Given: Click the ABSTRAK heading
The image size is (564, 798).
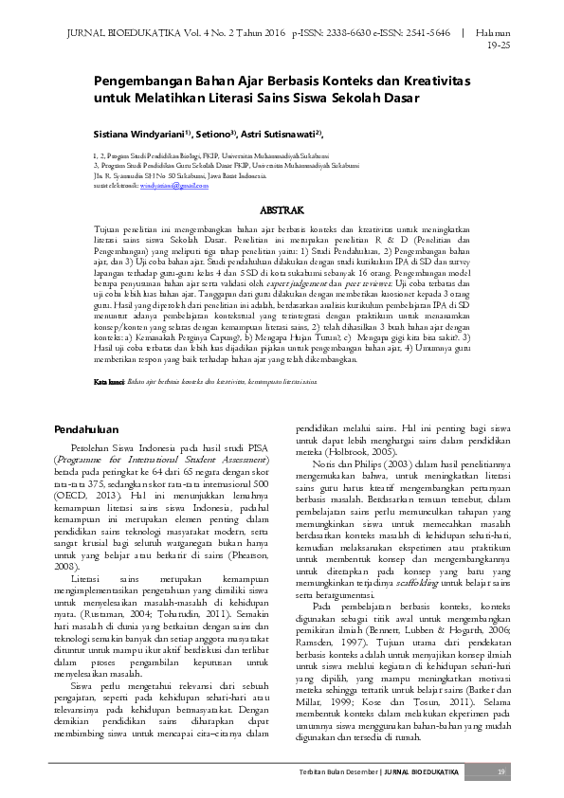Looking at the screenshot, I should coord(282,209).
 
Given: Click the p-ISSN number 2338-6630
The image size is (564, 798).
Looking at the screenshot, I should coord(345,32).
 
